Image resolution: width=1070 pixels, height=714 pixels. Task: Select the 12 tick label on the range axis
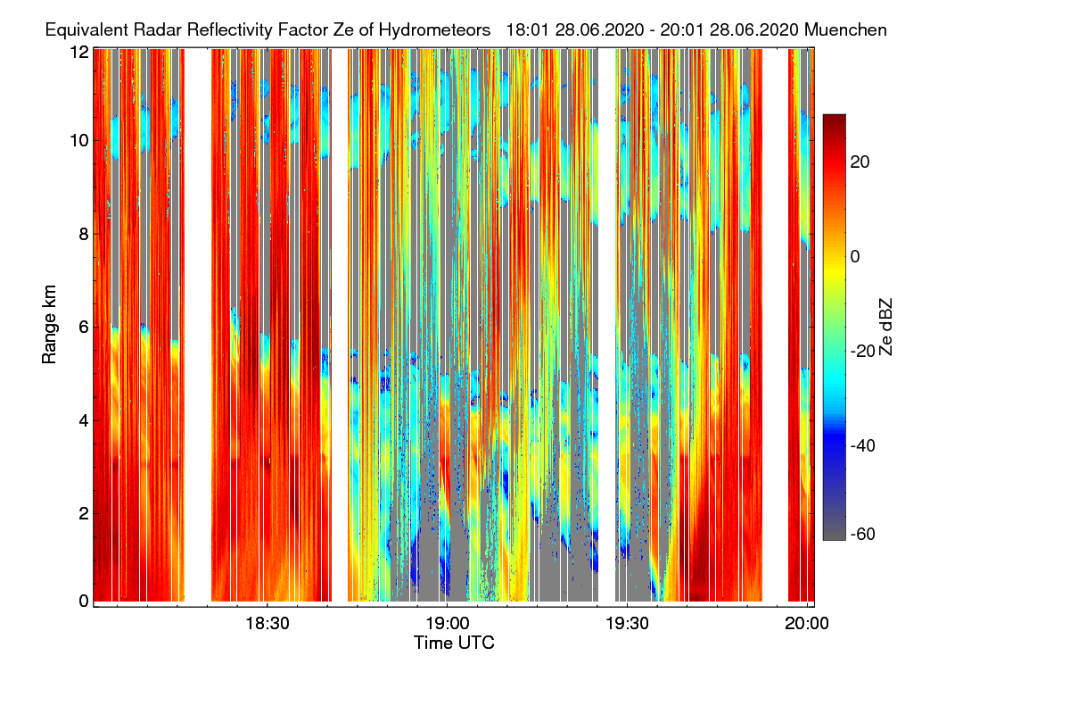(x=79, y=52)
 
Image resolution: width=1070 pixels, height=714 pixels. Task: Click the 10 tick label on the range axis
(x=79, y=140)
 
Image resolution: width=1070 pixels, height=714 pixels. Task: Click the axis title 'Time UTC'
(x=454, y=643)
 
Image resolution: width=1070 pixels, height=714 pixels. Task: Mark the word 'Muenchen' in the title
(x=845, y=29)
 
